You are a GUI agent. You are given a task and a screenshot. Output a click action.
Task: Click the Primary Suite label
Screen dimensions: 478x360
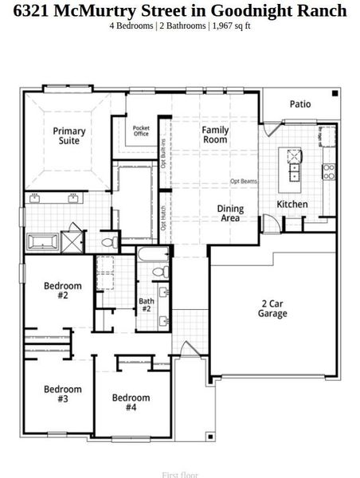pyautogui.click(x=69, y=135)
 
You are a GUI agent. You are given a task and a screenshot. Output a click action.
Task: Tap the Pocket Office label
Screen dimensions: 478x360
pyautogui.click(x=141, y=131)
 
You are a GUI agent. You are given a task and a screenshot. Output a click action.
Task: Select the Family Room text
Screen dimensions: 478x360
pyautogui.click(x=214, y=135)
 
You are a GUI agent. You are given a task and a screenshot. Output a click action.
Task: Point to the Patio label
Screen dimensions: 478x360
pyautogui.click(x=300, y=104)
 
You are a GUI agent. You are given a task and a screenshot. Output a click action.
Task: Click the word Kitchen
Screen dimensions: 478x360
pyautogui.click(x=292, y=205)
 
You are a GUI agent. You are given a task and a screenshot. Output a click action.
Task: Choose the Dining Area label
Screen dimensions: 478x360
pyautogui.click(x=230, y=213)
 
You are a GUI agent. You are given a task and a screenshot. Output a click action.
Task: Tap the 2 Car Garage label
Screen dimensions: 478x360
pyautogui.click(x=273, y=308)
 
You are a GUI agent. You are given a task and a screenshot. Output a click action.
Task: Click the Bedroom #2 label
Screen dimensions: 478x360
pyautogui.click(x=62, y=291)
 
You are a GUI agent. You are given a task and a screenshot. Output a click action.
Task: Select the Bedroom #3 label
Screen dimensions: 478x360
pyautogui.click(x=62, y=394)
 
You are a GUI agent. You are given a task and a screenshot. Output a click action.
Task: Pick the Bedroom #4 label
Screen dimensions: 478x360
pyautogui.click(x=131, y=402)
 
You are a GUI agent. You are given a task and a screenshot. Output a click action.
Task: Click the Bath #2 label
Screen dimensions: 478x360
pyautogui.click(x=147, y=305)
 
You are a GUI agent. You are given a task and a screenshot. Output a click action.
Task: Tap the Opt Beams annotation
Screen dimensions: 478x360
pyautogui.click(x=243, y=182)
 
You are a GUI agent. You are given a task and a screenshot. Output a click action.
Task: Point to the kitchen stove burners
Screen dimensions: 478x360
pyautogui.click(x=328, y=170)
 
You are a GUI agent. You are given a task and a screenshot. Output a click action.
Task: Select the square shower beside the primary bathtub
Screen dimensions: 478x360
pyautogui.click(x=72, y=239)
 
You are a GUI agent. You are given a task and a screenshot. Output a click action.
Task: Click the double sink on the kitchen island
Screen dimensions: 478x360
pyautogui.click(x=295, y=168)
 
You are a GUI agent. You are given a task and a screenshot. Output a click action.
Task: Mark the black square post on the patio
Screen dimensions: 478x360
pyautogui.click(x=335, y=94)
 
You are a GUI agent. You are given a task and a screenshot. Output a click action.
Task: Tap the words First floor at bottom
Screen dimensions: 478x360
pyautogui.click(x=180, y=475)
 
